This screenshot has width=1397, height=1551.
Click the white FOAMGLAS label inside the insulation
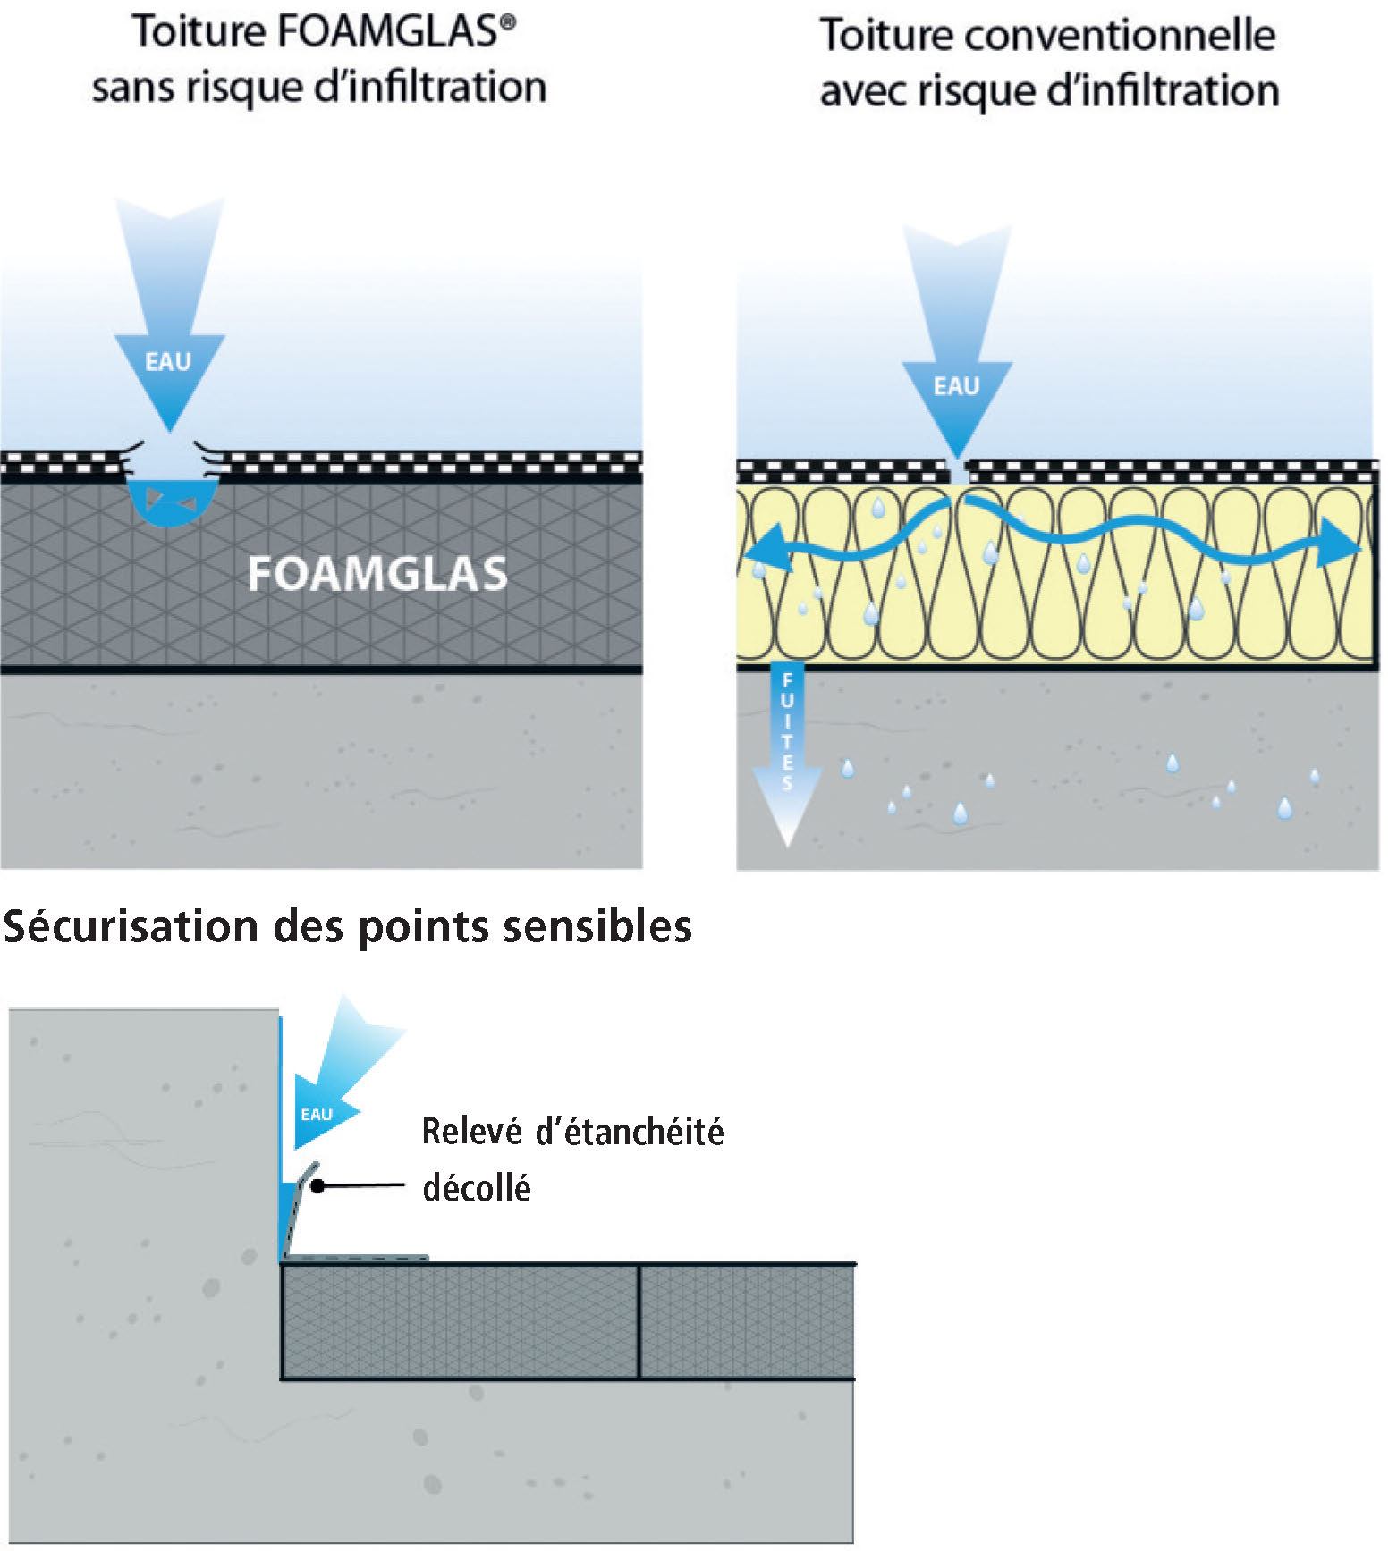pos(377,574)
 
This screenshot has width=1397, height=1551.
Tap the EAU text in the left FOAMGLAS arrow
pos(168,362)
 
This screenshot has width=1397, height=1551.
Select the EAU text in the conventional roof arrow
pos(956,386)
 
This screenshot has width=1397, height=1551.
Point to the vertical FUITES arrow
pos(787,751)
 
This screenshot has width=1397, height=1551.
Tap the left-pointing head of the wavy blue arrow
pos(769,548)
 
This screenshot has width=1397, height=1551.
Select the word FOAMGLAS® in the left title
pos(395,32)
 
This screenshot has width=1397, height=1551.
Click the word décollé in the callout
pos(477,1188)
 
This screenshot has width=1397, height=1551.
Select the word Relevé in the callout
pos(471,1132)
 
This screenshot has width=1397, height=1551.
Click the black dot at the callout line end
pos(317,1186)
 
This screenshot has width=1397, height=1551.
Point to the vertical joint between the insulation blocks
pos(639,1321)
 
